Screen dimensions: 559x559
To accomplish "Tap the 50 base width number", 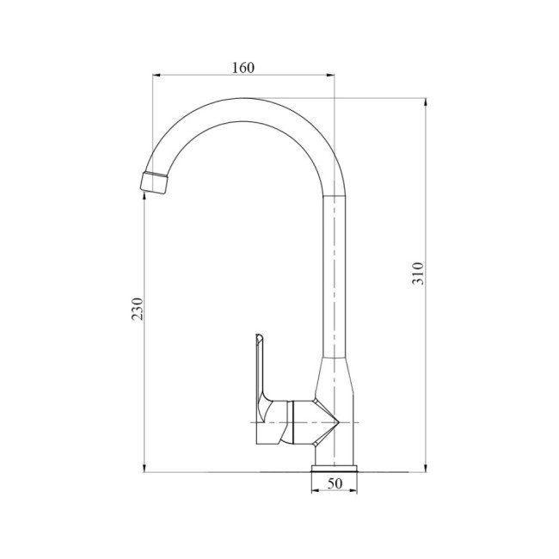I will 335,484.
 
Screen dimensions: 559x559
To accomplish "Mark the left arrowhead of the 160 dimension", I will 157,76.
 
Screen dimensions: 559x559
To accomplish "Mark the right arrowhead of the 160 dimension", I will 331,76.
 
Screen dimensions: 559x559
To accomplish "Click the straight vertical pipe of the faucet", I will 335,275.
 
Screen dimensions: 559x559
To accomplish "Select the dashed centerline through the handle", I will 258,423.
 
